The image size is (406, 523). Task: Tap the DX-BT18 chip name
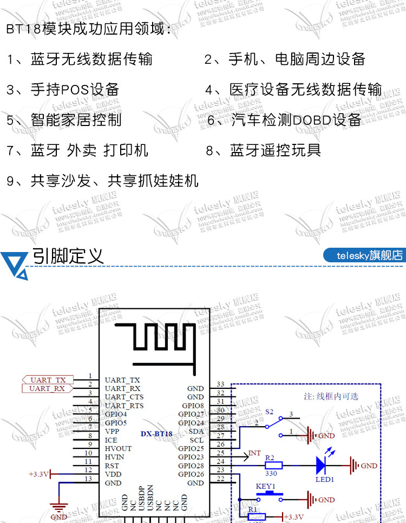[x=156, y=433]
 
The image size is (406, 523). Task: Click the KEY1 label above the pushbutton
[x=265, y=486]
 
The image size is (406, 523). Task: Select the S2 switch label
[x=269, y=412]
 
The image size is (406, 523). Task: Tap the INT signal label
[x=254, y=452]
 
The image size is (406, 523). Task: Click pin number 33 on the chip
[x=220, y=384]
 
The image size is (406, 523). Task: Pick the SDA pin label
[x=197, y=431]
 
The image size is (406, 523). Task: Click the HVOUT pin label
[x=118, y=448]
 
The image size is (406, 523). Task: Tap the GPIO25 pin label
[x=191, y=448]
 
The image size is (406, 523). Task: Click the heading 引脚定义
[x=68, y=255]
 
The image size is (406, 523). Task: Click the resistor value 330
[x=271, y=473]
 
